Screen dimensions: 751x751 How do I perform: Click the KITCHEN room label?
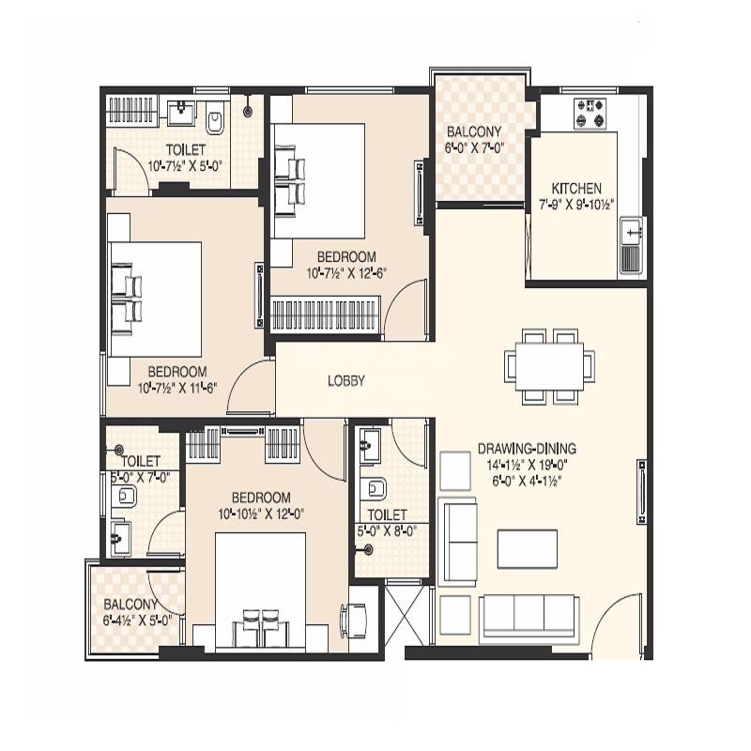pos(576,188)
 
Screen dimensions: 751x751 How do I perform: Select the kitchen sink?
pos(630,235)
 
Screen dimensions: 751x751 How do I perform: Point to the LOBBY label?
pos(345,381)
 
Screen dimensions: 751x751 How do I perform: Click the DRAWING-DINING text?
pos(526,448)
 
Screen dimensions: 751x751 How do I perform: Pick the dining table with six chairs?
pos(549,365)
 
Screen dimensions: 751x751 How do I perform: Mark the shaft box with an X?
pos(407,610)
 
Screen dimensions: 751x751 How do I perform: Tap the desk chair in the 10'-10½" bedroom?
pos(357,618)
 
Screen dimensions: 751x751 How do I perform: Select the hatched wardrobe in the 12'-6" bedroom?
pos(326,313)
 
